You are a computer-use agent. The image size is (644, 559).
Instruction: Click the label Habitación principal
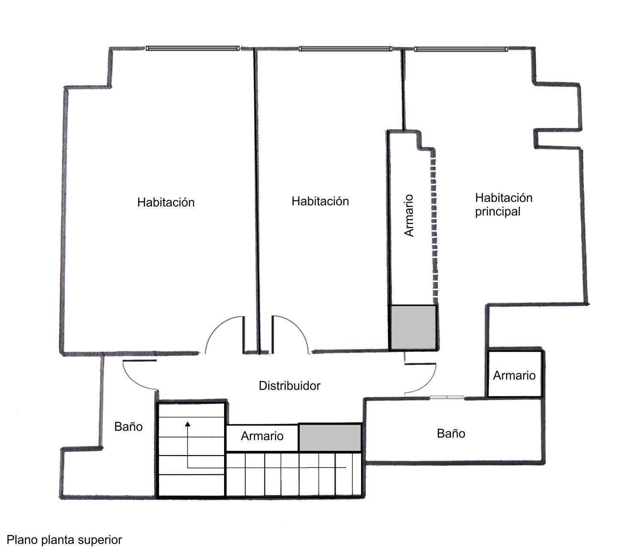point(503,205)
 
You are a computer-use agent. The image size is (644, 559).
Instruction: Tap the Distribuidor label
point(289,386)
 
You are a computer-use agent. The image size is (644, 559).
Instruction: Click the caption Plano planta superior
point(64,540)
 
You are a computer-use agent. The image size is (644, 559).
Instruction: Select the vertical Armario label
point(409,216)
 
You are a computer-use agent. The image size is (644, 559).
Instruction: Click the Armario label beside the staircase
point(262,436)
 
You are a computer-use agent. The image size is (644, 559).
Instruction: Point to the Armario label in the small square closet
point(514,375)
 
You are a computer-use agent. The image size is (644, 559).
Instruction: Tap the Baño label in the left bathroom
point(128,426)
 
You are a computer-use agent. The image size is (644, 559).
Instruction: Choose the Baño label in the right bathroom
point(451,433)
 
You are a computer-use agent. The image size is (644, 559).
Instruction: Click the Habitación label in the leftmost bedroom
point(166,202)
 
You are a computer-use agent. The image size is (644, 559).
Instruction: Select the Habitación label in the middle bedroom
point(320,201)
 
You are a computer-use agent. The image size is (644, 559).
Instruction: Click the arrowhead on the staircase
point(188,424)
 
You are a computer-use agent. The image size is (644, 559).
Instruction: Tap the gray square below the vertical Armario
point(413,327)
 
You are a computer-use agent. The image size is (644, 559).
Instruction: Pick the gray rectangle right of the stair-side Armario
point(330,437)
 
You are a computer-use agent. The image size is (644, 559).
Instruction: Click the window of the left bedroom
point(192,48)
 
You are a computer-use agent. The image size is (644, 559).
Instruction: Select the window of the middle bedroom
point(345,49)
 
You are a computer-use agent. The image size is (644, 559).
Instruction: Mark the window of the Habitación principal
point(461,49)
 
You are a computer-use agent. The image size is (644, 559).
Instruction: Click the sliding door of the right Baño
point(447,397)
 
